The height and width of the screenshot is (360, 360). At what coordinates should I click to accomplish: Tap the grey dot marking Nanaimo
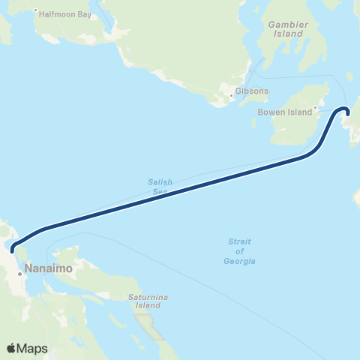pyautogui.click(x=20, y=274)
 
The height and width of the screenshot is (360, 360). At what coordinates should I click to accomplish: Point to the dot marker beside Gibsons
pyautogui.click(x=232, y=96)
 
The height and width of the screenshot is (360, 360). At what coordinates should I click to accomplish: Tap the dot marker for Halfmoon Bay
pyautogui.click(x=35, y=10)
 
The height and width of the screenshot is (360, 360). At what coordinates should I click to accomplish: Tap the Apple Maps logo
pyautogui.click(x=27, y=348)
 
